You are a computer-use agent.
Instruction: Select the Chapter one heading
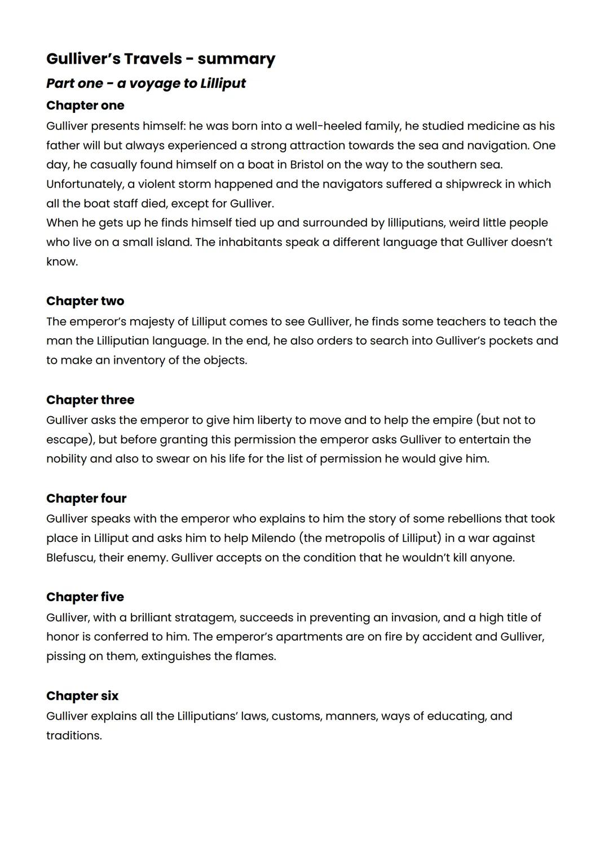tap(85, 105)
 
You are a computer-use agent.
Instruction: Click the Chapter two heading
tap(85, 301)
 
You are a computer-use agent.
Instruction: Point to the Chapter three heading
tap(90, 400)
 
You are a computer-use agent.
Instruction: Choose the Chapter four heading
tap(86, 499)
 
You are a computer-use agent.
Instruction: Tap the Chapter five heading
tap(85, 597)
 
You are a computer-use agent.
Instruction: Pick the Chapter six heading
tap(82, 696)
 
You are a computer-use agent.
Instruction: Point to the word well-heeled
tap(329, 126)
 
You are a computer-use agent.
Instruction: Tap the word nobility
tap(67, 459)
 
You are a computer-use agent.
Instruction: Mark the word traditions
tap(73, 736)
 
